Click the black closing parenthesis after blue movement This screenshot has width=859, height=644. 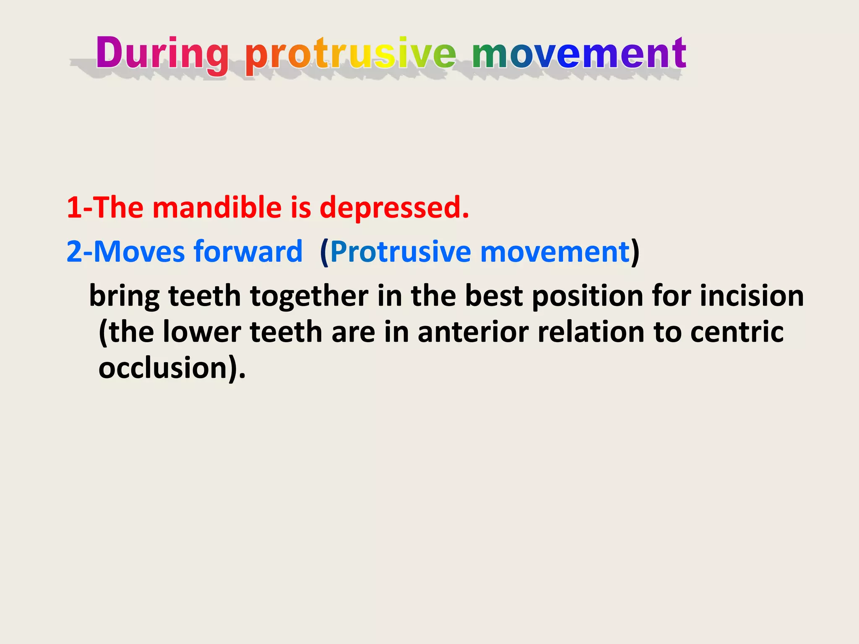(x=635, y=252)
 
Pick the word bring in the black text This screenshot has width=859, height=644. (x=124, y=296)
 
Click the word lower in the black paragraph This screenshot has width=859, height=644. (x=201, y=332)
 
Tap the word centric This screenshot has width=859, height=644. (x=737, y=332)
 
